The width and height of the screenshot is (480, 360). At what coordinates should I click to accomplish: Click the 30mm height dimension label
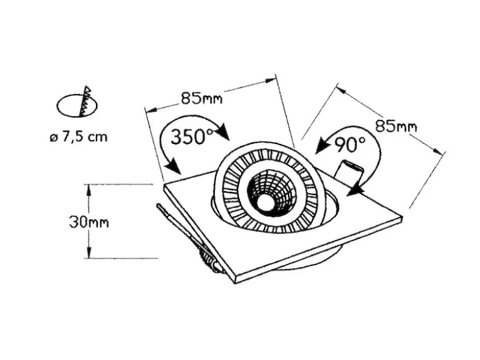point(89,222)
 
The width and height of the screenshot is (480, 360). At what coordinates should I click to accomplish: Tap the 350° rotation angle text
point(191,137)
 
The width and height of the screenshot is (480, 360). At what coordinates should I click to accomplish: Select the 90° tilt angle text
point(350,144)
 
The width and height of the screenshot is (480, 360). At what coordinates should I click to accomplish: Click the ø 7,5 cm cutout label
point(79,137)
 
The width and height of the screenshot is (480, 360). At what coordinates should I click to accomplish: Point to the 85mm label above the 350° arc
point(202,98)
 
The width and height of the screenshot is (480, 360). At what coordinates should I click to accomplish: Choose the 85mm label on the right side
point(396,126)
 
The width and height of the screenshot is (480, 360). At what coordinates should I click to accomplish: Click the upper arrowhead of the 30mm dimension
point(89,190)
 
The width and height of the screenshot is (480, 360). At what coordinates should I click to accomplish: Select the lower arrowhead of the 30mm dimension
point(89,252)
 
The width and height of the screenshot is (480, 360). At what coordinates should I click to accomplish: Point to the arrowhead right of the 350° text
point(224,132)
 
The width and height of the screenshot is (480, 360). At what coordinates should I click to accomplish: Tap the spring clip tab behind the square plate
point(349,172)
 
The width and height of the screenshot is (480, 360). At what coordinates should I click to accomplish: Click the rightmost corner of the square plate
point(402,217)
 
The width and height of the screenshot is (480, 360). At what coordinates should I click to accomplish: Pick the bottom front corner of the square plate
point(236,283)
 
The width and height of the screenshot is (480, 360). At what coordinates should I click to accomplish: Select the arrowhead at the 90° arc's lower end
point(355,190)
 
